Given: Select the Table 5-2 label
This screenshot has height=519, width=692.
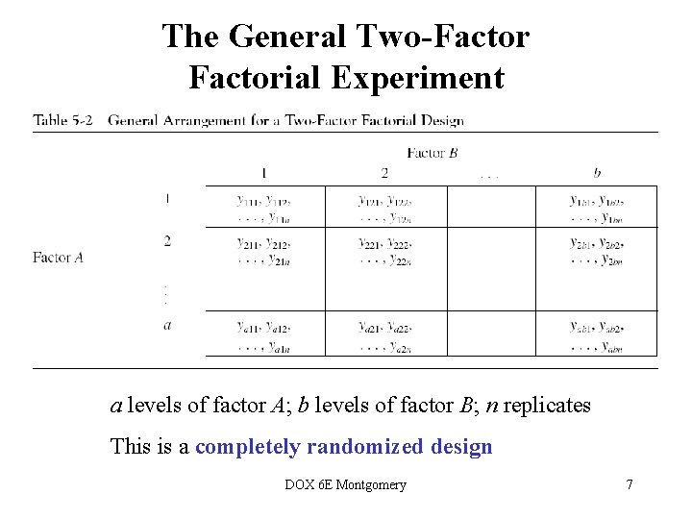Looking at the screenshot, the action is point(62,121).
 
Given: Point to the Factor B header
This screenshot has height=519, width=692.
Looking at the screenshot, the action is point(437,152).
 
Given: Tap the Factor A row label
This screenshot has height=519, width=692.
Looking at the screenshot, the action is point(58,258).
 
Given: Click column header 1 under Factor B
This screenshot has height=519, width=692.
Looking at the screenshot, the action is point(264,173).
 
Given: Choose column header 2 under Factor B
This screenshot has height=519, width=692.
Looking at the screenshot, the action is point(384,173).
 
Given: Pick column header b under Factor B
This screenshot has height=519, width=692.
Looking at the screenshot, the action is point(597,173).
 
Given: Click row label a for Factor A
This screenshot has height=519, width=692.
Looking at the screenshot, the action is point(167,325).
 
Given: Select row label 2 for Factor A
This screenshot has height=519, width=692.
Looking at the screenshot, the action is point(167,240).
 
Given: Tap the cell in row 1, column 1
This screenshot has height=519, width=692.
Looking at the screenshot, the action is point(264,208).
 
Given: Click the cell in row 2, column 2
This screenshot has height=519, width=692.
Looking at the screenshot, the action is point(384,249).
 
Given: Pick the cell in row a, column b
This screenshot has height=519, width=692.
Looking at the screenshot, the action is point(596,334).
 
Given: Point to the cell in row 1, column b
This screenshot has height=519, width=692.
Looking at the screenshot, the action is point(596,208).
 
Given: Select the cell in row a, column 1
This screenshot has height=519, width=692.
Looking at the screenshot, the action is point(264,334).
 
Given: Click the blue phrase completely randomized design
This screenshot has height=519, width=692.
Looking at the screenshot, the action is point(343,447).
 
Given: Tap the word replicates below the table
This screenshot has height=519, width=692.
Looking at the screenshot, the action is point(546,406).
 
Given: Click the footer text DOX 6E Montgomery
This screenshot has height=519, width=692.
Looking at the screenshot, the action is point(346,484).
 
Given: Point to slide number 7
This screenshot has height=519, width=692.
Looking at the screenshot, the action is point(630,484).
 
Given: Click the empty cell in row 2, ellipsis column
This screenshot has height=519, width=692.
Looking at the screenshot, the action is point(490,249).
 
